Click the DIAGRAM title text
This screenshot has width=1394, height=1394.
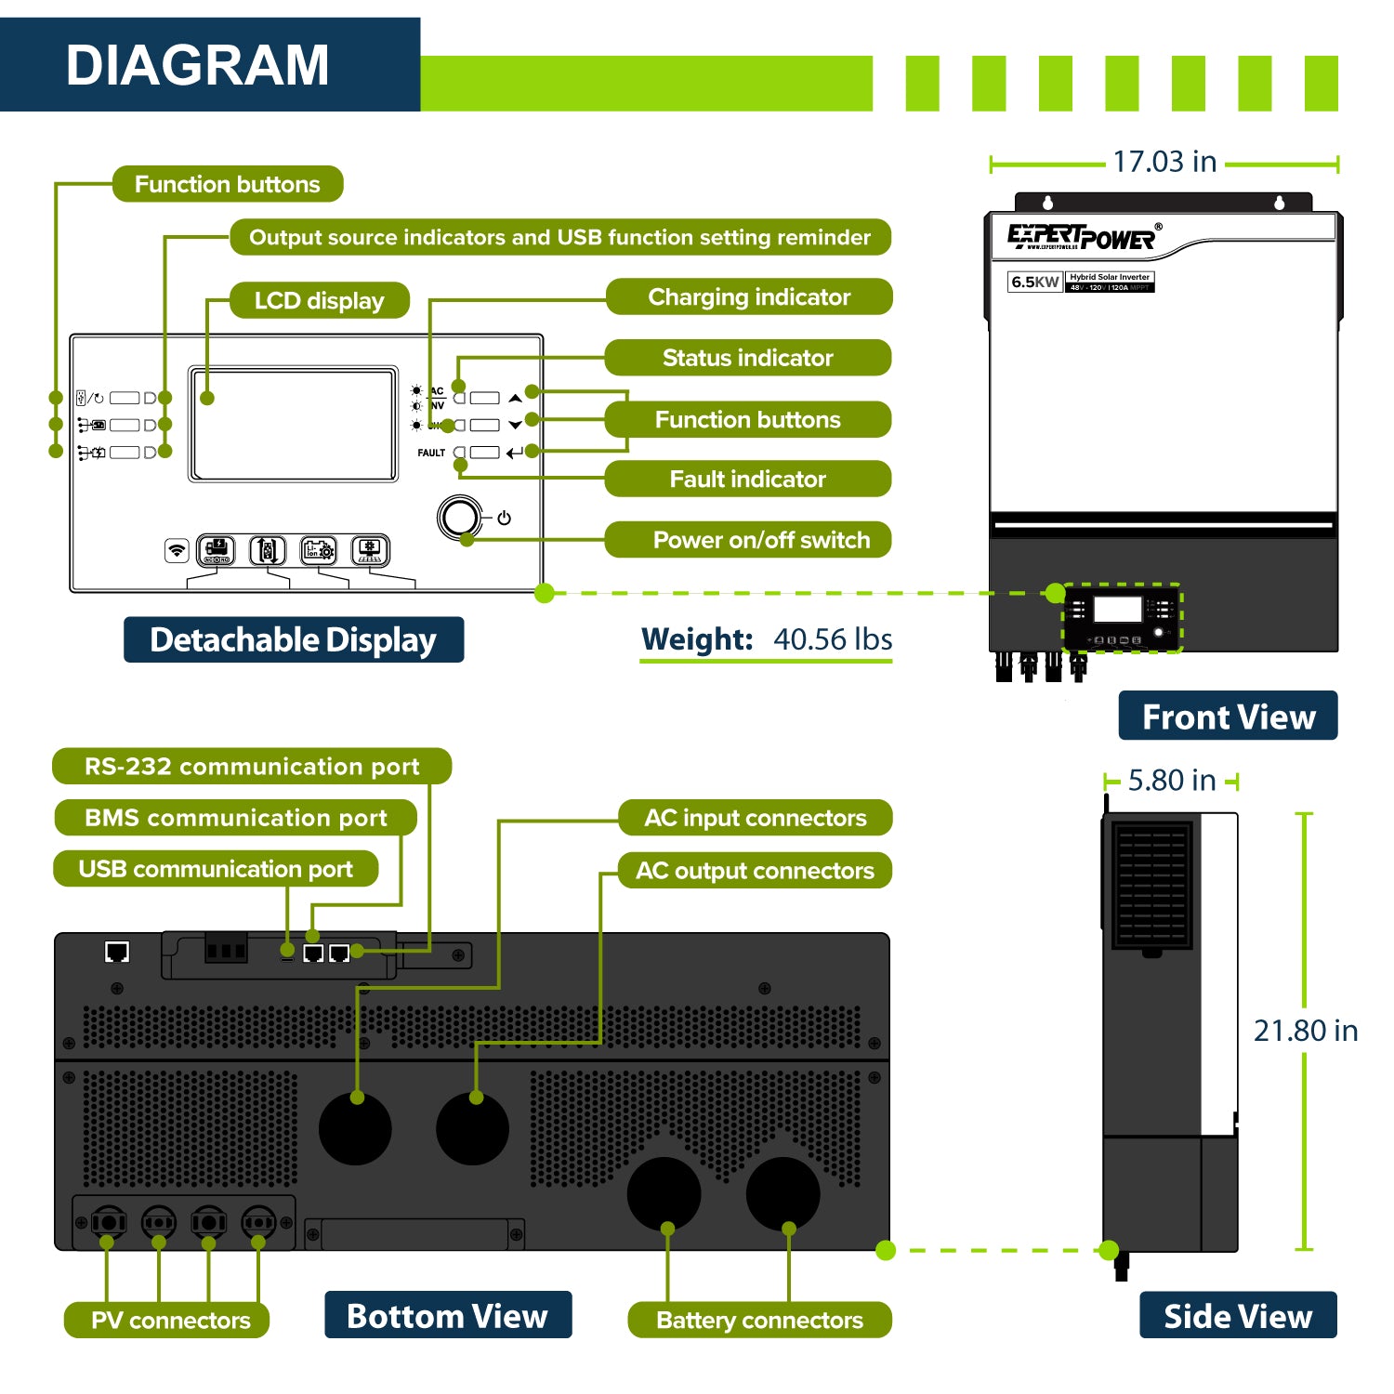pyautogui.click(x=197, y=65)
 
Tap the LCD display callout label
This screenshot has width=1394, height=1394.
pyautogui.click(x=319, y=300)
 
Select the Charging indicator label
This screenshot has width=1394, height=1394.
pyautogui.click(x=749, y=296)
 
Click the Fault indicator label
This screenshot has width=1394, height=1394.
pyautogui.click(x=747, y=479)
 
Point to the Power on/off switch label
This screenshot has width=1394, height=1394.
pyautogui.click(x=761, y=540)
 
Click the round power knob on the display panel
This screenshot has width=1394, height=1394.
pyautogui.click(x=460, y=518)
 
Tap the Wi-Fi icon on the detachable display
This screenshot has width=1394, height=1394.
pyautogui.click(x=176, y=550)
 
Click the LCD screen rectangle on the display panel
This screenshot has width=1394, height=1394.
pyautogui.click(x=294, y=424)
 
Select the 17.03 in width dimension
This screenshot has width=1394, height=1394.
pyautogui.click(x=1164, y=162)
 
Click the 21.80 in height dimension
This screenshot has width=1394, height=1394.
pyautogui.click(x=1305, y=1031)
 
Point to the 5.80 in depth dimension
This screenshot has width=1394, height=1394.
pyautogui.click(x=1171, y=781)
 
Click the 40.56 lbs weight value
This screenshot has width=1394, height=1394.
pyautogui.click(x=833, y=639)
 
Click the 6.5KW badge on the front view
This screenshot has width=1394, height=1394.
pyautogui.click(x=1034, y=282)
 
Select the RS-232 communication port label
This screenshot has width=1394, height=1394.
pyautogui.click(x=252, y=767)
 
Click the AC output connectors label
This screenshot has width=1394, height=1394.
pyautogui.click(x=755, y=871)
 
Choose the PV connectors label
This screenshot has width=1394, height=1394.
pyautogui.click(x=170, y=1320)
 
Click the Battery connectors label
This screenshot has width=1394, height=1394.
pyautogui.click(x=759, y=1320)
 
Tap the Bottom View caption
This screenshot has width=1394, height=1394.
pyautogui.click(x=447, y=1316)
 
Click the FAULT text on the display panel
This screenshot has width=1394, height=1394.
pyautogui.click(x=431, y=453)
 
